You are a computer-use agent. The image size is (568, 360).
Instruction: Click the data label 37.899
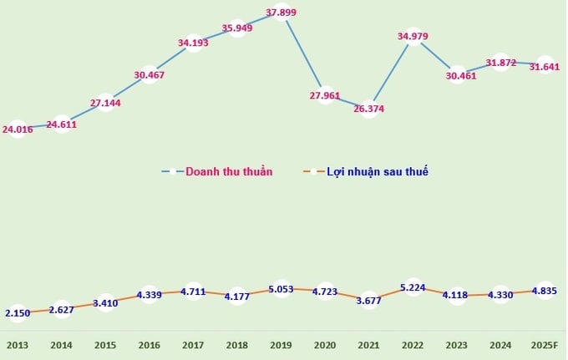[281, 13]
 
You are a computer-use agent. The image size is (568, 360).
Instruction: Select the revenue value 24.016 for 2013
[18, 129]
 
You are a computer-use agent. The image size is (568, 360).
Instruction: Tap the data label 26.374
[368, 109]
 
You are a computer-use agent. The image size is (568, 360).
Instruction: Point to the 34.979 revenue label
[413, 36]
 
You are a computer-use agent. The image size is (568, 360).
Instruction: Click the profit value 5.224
[413, 287]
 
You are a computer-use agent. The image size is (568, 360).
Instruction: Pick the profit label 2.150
[18, 313]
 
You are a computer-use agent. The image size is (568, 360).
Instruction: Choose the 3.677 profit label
[368, 301]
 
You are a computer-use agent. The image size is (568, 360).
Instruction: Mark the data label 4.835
[544, 291]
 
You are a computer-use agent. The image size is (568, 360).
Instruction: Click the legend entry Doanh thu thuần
[228, 172]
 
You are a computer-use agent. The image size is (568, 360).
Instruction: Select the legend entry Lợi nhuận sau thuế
[378, 172]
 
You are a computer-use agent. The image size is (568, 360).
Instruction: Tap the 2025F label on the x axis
[544, 345]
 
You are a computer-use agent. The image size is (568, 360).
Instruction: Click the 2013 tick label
[18, 345]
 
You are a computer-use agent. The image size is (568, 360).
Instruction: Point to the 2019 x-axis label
[281, 345]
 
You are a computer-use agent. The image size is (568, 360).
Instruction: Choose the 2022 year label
[413, 345]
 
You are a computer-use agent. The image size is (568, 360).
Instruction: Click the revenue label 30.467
[150, 75]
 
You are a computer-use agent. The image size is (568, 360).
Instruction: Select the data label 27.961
[325, 95]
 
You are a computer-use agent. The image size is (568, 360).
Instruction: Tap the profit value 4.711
[193, 292]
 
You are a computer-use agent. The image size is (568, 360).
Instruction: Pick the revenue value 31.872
[500, 62]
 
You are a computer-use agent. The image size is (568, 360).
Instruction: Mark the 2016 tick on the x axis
[150, 345]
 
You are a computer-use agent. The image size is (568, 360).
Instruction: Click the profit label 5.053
[281, 289]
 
